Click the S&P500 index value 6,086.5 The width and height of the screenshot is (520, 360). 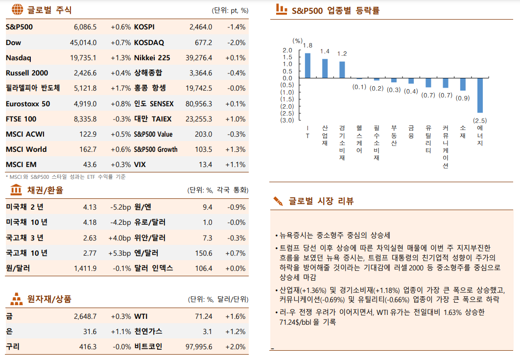pos(85,27)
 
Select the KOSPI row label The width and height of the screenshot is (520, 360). pos(144,27)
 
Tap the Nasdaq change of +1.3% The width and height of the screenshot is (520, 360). pos(120,58)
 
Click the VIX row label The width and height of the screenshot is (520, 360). pos(140,165)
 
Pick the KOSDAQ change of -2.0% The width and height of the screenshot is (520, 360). pos(236,43)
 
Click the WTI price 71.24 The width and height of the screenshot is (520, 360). pos(204,316)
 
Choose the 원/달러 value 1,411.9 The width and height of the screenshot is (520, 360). pos(85,268)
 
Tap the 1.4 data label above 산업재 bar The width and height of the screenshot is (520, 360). pos(325,51)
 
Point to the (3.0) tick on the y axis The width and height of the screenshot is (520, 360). pos(285,120)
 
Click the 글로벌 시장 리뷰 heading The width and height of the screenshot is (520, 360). pos(321,201)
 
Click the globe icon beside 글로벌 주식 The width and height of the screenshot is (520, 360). pos(17,9)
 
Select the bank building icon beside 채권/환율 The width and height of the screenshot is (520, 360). pos(16,190)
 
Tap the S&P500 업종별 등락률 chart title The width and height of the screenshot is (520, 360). pos(335,10)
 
